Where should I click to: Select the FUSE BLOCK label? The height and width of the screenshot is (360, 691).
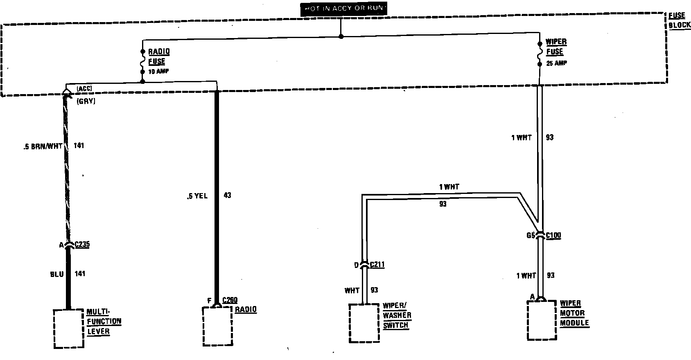[679, 20]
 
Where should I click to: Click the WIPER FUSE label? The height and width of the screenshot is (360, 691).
[556, 47]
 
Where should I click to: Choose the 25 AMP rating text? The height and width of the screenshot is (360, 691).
[556, 63]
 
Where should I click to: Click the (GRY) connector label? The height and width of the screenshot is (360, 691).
[86, 101]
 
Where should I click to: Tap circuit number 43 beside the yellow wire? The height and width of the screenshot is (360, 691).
[227, 196]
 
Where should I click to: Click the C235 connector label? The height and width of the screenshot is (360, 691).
[82, 245]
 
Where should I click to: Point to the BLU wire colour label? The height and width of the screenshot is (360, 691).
[56, 274]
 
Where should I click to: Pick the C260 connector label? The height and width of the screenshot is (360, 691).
[230, 301]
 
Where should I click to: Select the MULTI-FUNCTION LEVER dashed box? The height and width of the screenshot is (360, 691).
[69, 329]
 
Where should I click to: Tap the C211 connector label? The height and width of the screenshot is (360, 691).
[377, 265]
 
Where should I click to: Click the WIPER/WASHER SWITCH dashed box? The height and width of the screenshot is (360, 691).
[364, 323]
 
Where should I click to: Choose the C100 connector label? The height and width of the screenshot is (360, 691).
[553, 236]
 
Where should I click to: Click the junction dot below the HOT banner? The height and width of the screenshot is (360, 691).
[341, 36]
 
